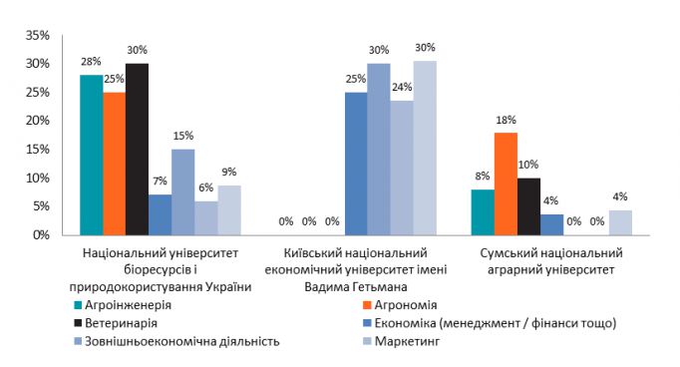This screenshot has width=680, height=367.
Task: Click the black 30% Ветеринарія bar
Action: coord(138,150)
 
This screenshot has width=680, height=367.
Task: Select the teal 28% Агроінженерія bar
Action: coord(92,156)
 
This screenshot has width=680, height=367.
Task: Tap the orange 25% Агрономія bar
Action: coord(115,164)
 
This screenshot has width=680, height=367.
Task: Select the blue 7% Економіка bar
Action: coord(161,215)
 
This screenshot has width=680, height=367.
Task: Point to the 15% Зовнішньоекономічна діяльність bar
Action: coord(183,192)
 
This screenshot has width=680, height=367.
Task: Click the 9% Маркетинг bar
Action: coord(229,210)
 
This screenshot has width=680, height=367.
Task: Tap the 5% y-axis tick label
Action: coord(39,206)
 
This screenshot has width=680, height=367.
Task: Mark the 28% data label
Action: coord(92,62)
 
